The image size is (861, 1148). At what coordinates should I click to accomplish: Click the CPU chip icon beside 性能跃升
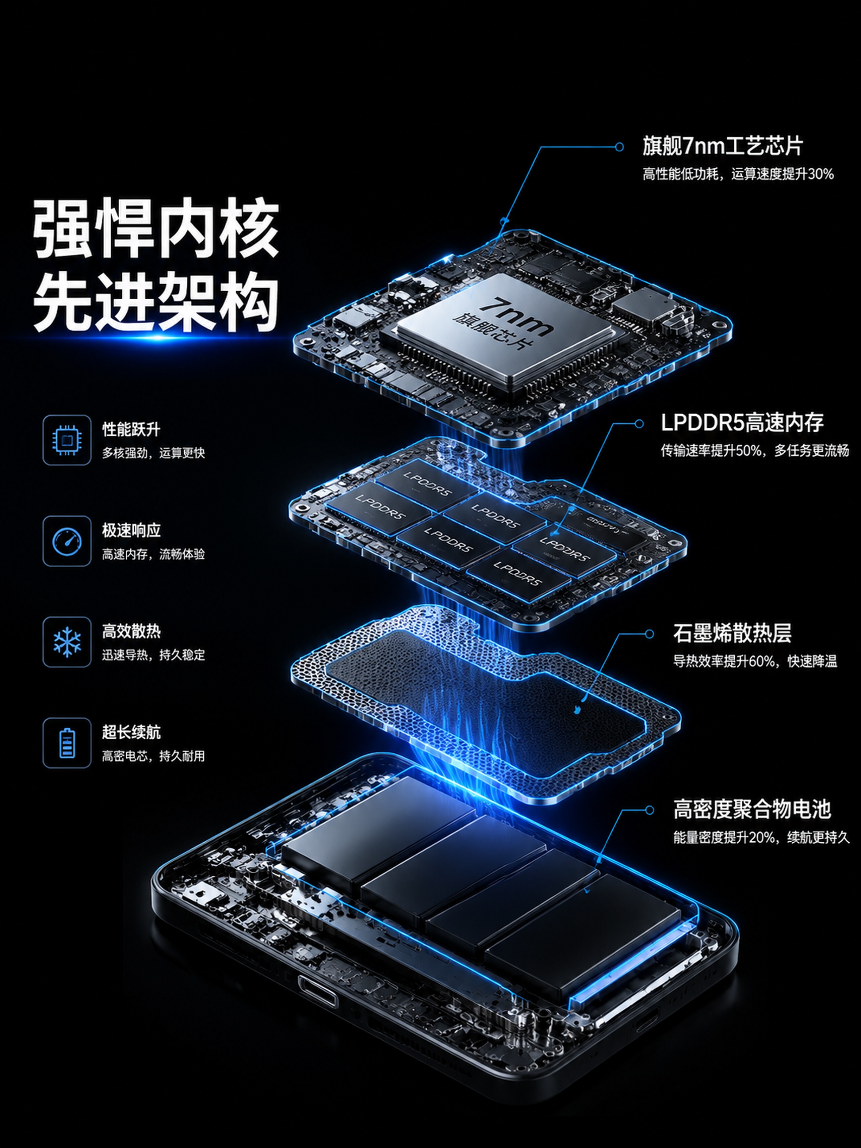pos(67,440)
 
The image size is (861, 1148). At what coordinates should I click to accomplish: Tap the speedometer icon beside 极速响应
pos(67,541)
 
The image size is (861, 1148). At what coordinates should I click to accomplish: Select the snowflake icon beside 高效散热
pos(67,642)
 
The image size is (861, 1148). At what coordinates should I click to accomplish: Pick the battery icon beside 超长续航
pos(67,743)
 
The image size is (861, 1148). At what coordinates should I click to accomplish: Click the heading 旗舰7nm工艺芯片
pos(722,146)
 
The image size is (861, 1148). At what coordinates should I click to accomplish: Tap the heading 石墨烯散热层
pos(732,633)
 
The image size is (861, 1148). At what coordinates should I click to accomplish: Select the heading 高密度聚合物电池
pos(752,809)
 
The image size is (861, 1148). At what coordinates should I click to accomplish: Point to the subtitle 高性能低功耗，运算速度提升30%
pos(738,174)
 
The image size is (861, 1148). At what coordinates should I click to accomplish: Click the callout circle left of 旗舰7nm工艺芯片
pos(619,147)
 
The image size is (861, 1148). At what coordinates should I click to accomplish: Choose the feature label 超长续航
pos(131,732)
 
